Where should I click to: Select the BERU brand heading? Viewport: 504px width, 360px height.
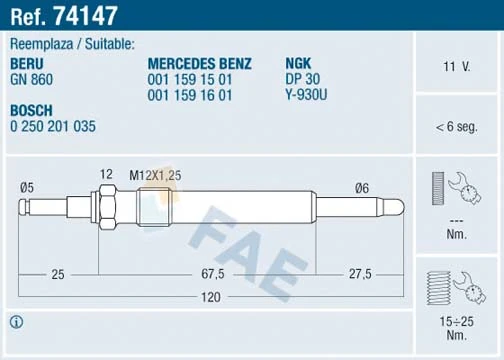tap(28, 62)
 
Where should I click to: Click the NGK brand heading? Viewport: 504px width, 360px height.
tap(299, 62)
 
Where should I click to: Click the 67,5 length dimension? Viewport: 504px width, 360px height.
tap(210, 272)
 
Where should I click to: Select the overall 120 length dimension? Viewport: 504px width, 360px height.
tap(208, 298)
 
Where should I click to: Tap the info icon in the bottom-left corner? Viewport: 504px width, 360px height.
tap(16, 322)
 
